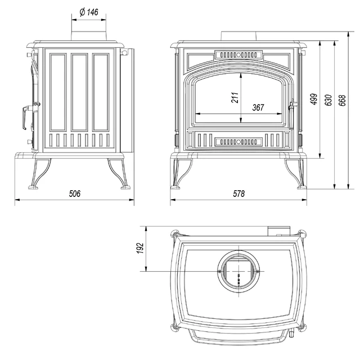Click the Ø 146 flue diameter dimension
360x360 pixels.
point(89,12)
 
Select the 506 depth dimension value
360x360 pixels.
point(75,193)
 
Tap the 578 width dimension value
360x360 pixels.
point(238,193)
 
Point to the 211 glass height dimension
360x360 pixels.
point(235,97)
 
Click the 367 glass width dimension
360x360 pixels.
point(258,107)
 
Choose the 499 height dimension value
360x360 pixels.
point(314,99)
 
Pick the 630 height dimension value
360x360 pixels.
point(328,100)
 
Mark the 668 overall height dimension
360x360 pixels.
point(342,100)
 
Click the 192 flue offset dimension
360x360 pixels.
point(140,248)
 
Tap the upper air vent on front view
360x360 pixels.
point(238,55)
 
